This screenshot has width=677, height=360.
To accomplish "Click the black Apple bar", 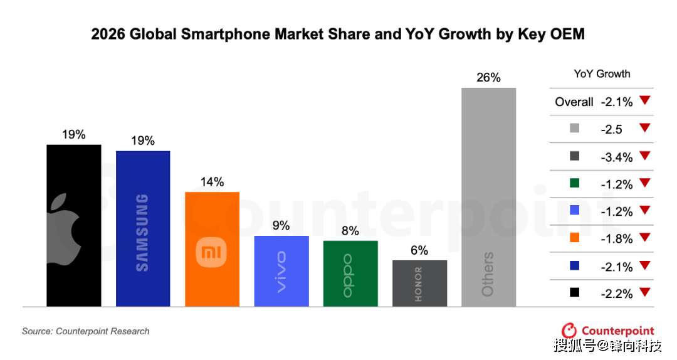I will [x=74, y=226].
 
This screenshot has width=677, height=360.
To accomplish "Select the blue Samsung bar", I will [x=143, y=229].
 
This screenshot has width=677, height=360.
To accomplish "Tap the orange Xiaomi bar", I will [x=212, y=249].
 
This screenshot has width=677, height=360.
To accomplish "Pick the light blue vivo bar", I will [x=281, y=271].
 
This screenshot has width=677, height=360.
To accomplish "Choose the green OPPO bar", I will [x=350, y=273].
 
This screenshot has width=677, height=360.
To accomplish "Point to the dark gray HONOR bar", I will [x=419, y=283].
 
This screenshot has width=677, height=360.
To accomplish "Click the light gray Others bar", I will [x=488, y=197].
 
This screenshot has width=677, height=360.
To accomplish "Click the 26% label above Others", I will [x=488, y=78].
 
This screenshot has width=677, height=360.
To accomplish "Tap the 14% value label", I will [x=212, y=182].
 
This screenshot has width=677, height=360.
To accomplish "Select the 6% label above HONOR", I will [x=419, y=250].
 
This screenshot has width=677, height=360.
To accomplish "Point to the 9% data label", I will [x=281, y=226].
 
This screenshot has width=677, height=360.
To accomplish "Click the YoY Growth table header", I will [x=602, y=74].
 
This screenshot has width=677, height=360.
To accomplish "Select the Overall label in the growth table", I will [x=574, y=102].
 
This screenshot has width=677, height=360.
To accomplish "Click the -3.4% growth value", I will [x=616, y=157].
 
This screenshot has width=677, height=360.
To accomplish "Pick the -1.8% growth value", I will [x=616, y=239].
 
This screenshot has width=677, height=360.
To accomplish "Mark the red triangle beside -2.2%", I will [x=646, y=292].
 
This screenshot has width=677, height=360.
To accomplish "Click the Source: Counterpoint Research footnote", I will [x=86, y=331].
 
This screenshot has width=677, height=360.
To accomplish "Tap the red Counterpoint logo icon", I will [x=569, y=331].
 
